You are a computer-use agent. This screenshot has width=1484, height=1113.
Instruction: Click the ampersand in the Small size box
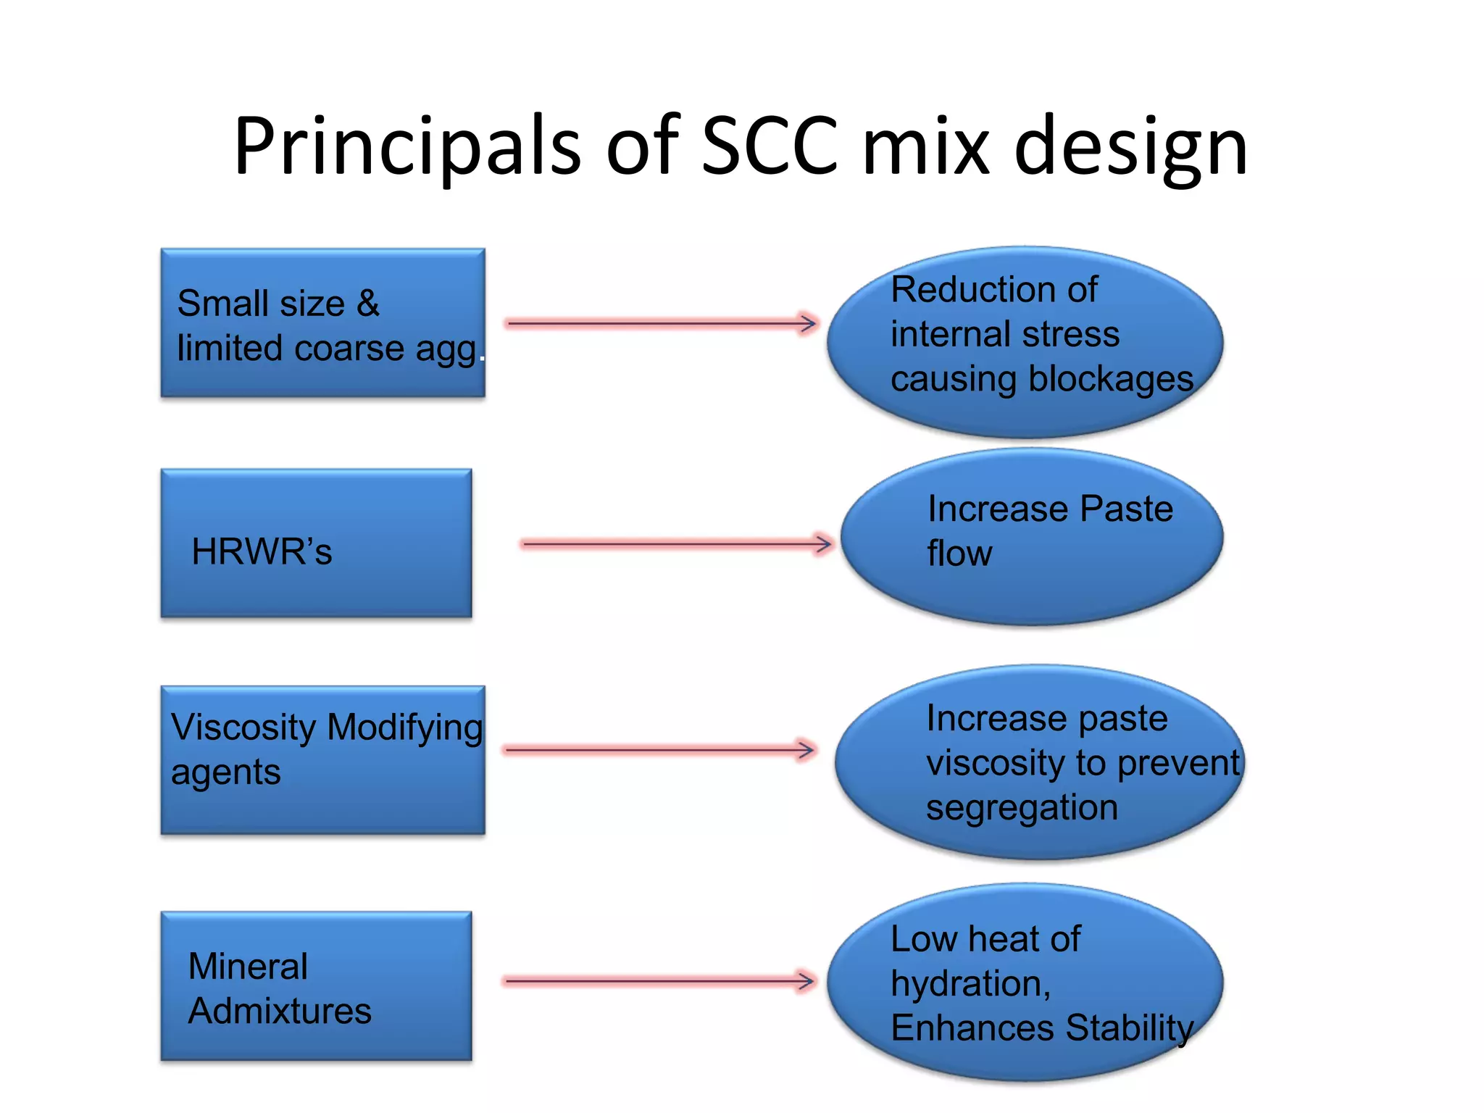coord(368,303)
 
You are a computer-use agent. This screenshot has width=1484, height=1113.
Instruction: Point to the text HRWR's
coord(262,551)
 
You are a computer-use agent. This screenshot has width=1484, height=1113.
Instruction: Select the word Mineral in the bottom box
coord(248,966)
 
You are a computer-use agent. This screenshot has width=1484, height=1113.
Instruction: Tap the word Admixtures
coord(280,1011)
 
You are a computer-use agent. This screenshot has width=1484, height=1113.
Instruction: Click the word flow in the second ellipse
coord(959,554)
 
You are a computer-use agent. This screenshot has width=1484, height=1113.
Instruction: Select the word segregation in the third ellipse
coord(1022,808)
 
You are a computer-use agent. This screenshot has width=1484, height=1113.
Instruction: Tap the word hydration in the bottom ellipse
coord(970,984)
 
